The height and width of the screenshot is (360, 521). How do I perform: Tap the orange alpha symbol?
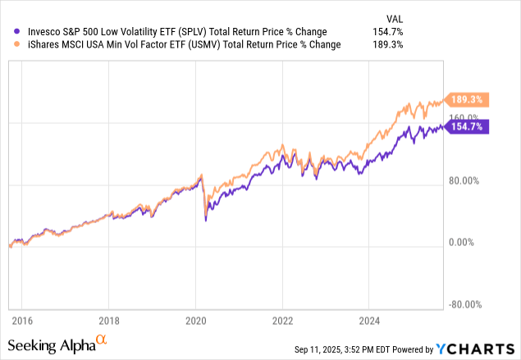[102, 338]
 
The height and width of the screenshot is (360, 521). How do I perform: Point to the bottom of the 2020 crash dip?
[205, 221]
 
